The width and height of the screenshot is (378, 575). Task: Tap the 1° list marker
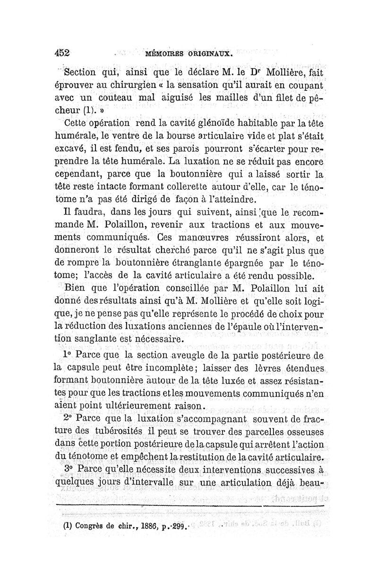pyautogui.click(x=67, y=353)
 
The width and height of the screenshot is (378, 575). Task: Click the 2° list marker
pyautogui.click(x=67, y=418)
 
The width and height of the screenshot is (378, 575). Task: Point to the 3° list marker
pyautogui.click(x=67, y=469)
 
